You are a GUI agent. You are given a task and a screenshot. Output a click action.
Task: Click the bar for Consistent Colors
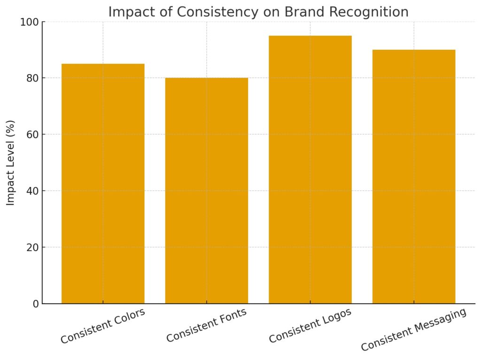tap(103, 183)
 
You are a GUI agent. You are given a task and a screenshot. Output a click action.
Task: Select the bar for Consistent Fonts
tap(206, 190)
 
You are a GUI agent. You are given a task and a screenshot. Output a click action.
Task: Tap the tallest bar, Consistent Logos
tap(310, 169)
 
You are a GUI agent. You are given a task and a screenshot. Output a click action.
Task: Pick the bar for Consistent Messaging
tap(413, 176)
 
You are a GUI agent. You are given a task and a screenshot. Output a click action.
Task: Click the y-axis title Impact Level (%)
tap(11, 163)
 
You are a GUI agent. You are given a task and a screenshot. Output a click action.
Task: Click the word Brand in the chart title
tap(301, 12)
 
